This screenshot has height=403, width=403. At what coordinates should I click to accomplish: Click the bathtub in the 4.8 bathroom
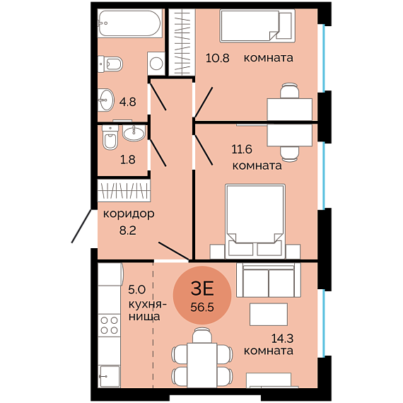pyautogui.click(x=130, y=23)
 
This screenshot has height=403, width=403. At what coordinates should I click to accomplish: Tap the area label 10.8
pyautogui.click(x=218, y=58)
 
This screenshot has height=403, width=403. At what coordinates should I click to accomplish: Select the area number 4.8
pyautogui.click(x=127, y=102)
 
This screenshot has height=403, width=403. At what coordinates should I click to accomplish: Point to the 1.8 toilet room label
pyautogui.click(x=128, y=160)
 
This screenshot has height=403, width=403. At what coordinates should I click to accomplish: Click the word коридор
pyautogui.click(x=129, y=214)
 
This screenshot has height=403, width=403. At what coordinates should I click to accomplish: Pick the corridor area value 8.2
pyautogui.click(x=128, y=230)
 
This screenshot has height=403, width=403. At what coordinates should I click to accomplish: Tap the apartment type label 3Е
pyautogui.click(x=202, y=288)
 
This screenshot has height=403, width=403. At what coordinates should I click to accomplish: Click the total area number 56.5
pyautogui.click(x=202, y=307)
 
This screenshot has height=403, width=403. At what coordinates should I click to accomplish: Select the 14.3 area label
pyautogui.click(x=283, y=339)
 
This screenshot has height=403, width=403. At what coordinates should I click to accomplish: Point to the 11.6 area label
pyautogui.click(x=242, y=149)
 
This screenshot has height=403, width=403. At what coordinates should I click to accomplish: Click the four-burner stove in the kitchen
pyautogui.click(x=109, y=325)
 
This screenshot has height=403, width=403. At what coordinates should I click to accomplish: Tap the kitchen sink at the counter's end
pyautogui.click(x=109, y=376)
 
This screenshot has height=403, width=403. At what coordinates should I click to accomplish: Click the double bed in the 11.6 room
pyautogui.click(x=255, y=221)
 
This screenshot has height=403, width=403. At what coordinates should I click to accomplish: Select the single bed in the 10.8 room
pyautogui.click(x=257, y=25)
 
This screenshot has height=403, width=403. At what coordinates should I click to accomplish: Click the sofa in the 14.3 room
pyautogui.click(x=269, y=280)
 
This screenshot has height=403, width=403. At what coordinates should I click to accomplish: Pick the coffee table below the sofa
pyautogui.click(x=269, y=315)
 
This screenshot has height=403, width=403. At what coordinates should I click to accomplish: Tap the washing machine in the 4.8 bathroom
pyautogui.click(x=156, y=64)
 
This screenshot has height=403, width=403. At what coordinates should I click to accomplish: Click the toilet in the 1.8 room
pyautogui.click(x=110, y=137)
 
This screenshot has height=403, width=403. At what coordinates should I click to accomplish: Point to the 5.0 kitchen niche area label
pyautogui.click(x=136, y=290)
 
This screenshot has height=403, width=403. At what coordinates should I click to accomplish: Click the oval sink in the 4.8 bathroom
pyautogui.click(x=105, y=100)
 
